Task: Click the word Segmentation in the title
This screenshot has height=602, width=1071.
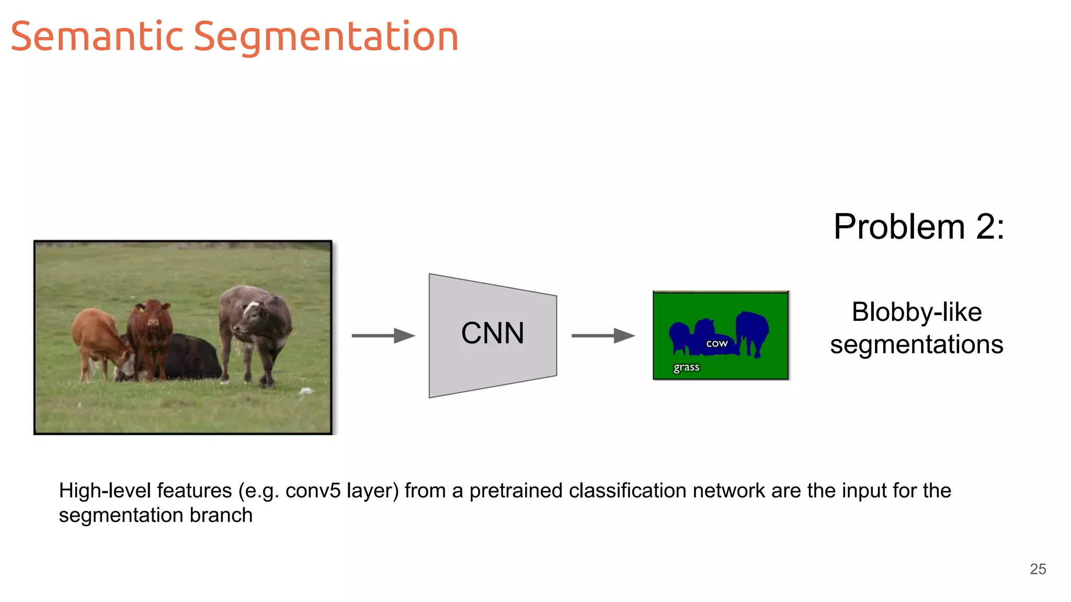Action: (326, 38)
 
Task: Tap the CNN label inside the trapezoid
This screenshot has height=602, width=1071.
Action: (493, 333)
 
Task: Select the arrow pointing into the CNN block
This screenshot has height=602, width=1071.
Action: (383, 335)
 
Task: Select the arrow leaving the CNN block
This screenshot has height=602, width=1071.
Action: (603, 335)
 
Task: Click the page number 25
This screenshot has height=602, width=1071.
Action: (1038, 569)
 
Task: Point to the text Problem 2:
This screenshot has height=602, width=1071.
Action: (918, 227)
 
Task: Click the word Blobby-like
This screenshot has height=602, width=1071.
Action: (916, 312)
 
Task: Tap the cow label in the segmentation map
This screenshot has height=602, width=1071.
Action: (716, 343)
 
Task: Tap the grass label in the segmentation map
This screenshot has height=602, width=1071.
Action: (686, 367)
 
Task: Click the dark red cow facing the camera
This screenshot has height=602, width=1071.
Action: (151, 334)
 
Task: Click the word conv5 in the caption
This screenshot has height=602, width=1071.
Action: (313, 491)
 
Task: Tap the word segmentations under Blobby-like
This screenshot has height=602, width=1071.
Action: (916, 345)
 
